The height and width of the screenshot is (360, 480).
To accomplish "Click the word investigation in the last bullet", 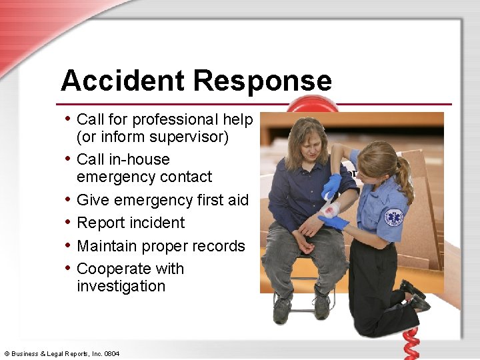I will pos(121,286).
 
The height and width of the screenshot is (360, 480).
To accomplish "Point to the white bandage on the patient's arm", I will pos(331,210).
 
